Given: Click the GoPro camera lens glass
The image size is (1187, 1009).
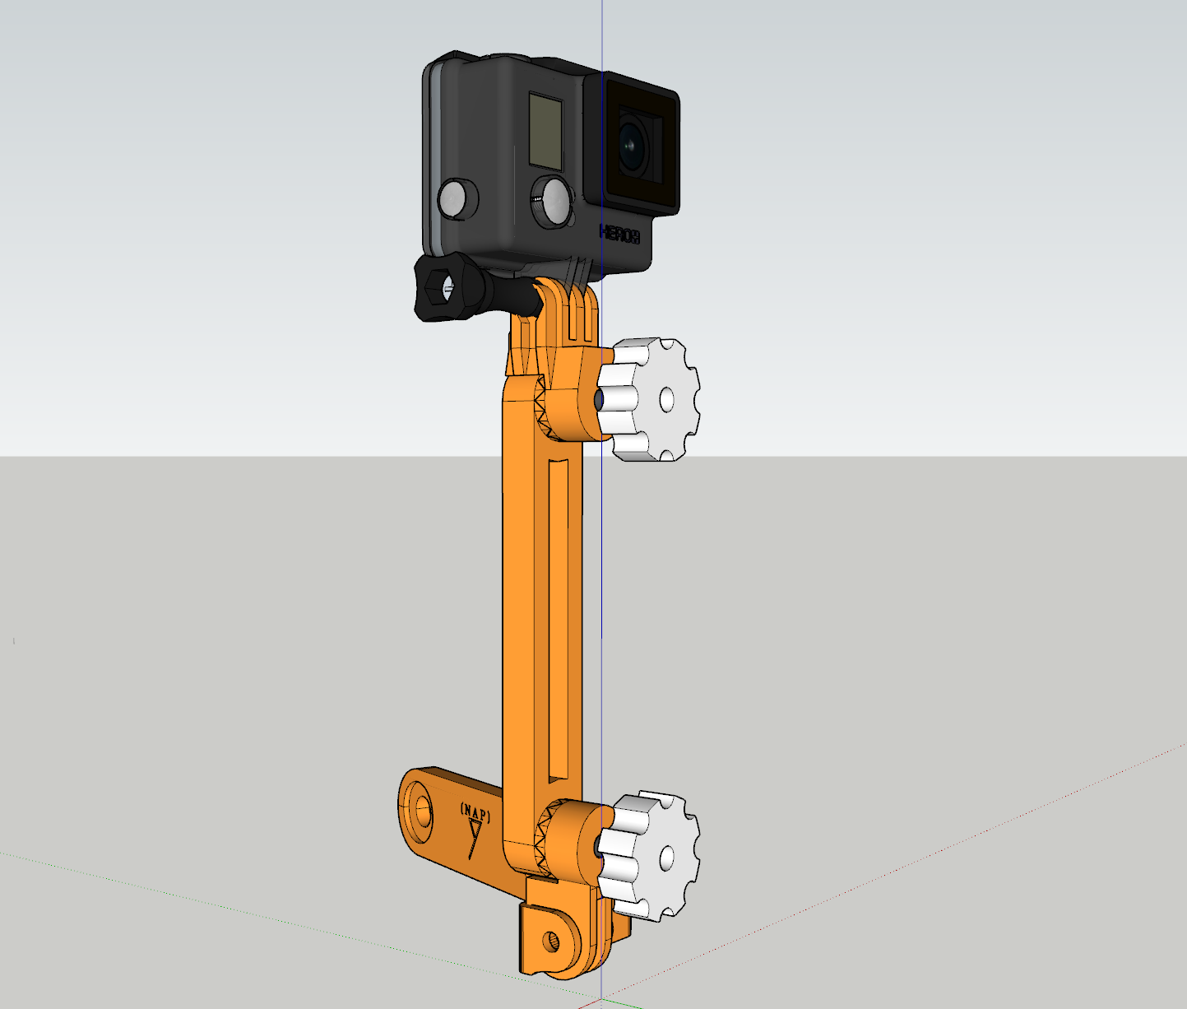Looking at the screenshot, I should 633,145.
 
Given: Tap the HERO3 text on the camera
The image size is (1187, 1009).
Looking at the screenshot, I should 619,234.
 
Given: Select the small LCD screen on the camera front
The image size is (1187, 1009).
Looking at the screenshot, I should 545,130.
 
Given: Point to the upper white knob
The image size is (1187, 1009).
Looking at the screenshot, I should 649,399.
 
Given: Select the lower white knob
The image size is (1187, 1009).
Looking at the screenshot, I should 649,855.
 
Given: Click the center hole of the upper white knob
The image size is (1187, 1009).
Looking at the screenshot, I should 666,400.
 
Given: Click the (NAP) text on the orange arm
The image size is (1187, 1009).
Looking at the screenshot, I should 475,813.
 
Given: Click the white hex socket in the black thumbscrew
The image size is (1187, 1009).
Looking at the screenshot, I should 447,289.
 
